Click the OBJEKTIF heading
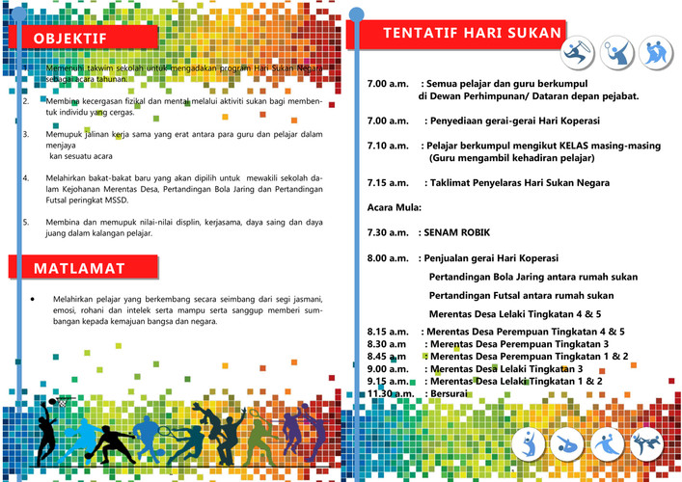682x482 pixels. coord(69,38)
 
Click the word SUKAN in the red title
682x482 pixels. coord(530,34)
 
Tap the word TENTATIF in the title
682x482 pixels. coord(418,34)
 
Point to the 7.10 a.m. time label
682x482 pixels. coord(388,146)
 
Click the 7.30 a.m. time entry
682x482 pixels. coord(388,232)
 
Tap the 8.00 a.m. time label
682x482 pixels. coord(388,258)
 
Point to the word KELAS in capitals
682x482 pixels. coord(556,146)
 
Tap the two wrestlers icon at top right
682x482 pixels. coord(655,51)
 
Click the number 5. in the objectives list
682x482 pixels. coord(25,222)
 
